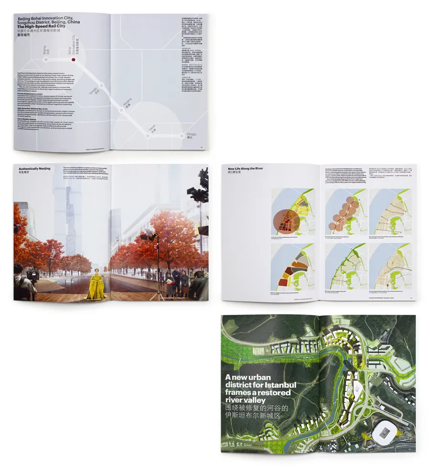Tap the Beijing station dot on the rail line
(x=46, y=60)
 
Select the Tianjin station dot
(x=148, y=135)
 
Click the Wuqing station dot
(x=122, y=110)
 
